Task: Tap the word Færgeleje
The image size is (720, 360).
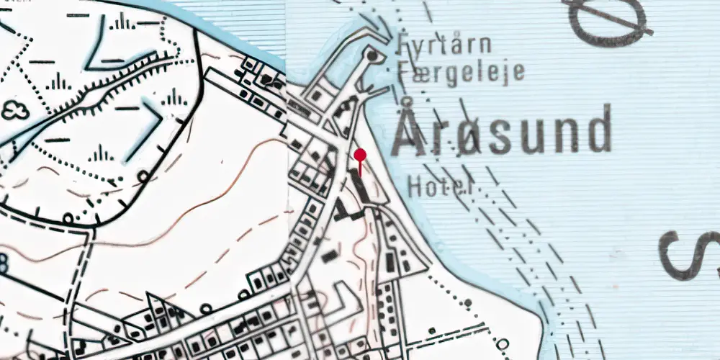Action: click(460, 73)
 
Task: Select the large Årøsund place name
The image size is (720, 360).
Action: click(503, 132)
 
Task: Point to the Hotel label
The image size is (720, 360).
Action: click(439, 187)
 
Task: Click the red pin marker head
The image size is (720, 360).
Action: click(360, 154)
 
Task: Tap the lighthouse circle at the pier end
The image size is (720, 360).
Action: click(372, 55)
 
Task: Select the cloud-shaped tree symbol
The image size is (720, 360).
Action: click(14, 110)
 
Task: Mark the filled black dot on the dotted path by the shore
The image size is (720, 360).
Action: click(468, 302)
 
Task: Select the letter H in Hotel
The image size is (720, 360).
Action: click(414, 187)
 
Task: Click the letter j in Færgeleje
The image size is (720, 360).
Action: click(503, 73)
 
